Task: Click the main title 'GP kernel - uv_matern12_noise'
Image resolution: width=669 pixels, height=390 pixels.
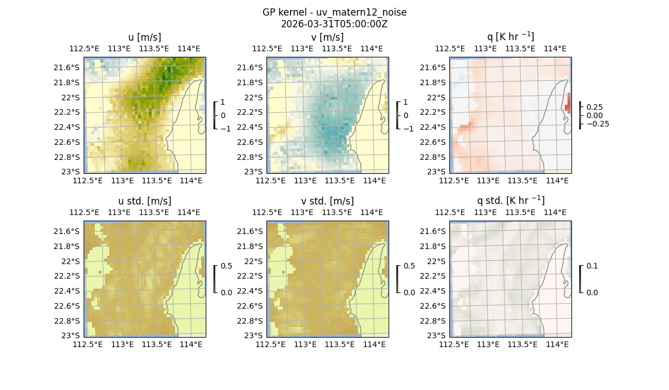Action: (334, 12)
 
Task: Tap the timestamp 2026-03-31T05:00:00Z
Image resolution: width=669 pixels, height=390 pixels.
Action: (334, 24)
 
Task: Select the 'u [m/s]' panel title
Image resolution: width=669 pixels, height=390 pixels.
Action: (144, 37)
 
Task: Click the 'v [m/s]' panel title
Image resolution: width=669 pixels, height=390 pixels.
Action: (327, 37)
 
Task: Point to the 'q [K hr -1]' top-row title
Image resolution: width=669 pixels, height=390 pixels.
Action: (510, 37)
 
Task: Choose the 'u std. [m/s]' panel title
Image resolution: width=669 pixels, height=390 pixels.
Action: (144, 201)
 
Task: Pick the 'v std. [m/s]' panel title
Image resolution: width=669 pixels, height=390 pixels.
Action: (327, 201)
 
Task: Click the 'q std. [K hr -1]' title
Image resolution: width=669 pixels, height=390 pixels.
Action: (510, 201)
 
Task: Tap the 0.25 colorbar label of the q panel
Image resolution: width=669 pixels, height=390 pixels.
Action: (594, 106)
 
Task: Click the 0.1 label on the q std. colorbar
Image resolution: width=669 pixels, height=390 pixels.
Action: (591, 266)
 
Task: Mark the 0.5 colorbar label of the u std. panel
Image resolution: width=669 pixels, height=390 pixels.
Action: (226, 266)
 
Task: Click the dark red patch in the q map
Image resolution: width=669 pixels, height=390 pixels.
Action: (568, 104)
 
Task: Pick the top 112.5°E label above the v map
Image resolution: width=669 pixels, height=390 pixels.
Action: (264, 48)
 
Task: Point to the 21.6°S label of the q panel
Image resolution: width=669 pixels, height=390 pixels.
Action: (436, 67)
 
